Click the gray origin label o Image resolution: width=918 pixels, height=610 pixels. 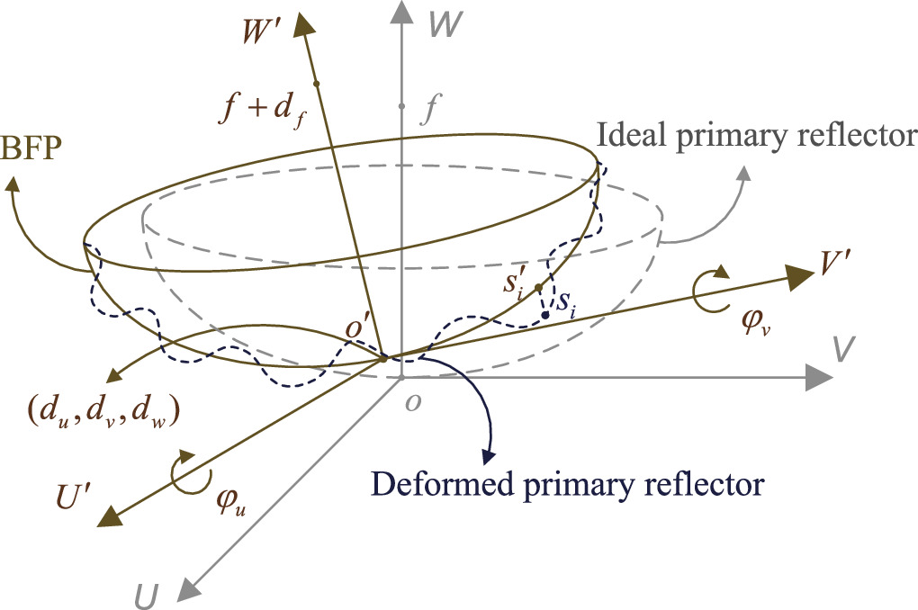[411, 402]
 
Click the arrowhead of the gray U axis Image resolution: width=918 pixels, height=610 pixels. [186, 588]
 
